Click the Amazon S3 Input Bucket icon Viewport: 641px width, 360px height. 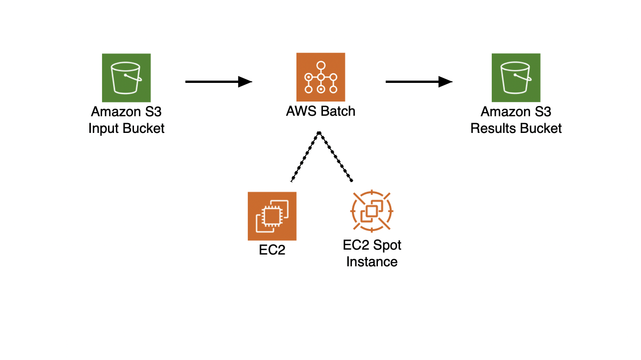click(x=126, y=77)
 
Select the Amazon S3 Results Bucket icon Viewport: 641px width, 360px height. click(x=516, y=77)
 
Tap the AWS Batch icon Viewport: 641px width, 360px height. click(x=320, y=77)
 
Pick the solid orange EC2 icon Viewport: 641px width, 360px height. click(x=272, y=216)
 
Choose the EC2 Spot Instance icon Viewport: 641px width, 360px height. click(x=372, y=212)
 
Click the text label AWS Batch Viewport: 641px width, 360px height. click(x=320, y=111)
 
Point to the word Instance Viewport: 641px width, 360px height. click(x=372, y=262)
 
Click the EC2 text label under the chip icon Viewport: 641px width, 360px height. click(x=272, y=251)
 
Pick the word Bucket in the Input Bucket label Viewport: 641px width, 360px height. click(x=143, y=129)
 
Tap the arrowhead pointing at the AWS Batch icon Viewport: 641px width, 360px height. click(x=245, y=82)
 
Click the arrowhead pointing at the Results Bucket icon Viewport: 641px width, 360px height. click(x=445, y=82)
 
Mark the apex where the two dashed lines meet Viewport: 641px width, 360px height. click(x=320, y=132)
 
